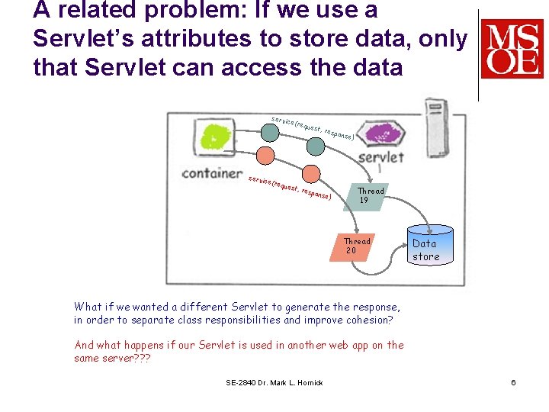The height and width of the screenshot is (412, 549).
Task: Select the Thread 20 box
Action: click(x=356, y=246)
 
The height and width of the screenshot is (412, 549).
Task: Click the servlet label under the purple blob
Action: click(x=380, y=157)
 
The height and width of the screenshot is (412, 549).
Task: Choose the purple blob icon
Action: click(x=379, y=134)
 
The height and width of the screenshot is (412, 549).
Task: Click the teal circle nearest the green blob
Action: click(x=270, y=132)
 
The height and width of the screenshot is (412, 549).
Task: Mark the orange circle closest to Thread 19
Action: click(x=310, y=174)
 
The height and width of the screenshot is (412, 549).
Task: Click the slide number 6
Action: click(x=513, y=382)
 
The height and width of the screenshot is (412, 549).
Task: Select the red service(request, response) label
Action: click(x=290, y=188)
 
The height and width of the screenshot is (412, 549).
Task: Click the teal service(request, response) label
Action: click(x=313, y=127)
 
